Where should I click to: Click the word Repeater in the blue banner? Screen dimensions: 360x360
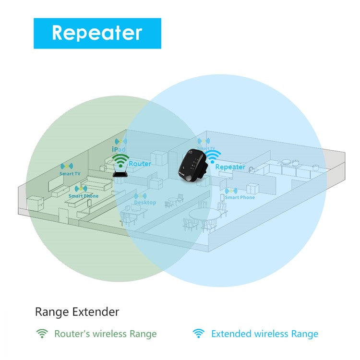(x=97, y=33)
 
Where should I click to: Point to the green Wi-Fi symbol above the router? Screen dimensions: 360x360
(x=120, y=160)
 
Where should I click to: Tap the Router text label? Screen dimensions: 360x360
(x=140, y=164)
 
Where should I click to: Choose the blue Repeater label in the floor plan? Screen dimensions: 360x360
(x=230, y=167)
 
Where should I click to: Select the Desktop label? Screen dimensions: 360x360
(x=145, y=203)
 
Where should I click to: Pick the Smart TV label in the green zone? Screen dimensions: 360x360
(x=70, y=174)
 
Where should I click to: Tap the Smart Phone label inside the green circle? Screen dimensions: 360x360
(x=83, y=196)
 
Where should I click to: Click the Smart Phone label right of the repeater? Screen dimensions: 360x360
(x=240, y=197)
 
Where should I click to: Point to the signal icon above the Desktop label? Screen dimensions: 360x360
(x=140, y=196)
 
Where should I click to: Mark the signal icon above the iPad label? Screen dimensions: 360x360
(x=120, y=142)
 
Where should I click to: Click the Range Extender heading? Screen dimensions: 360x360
(x=77, y=312)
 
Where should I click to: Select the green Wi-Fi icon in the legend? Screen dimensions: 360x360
(x=42, y=334)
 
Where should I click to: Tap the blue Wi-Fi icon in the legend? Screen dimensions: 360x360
(x=198, y=334)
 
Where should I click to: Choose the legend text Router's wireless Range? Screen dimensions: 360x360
(x=105, y=334)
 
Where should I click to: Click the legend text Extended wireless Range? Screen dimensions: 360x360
(x=264, y=334)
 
